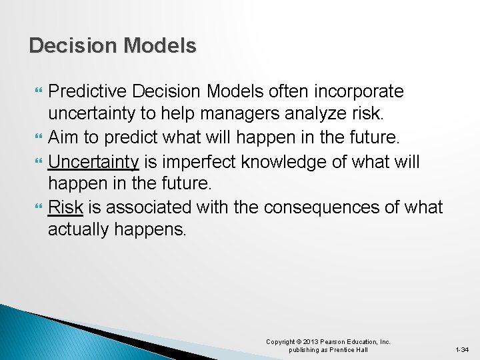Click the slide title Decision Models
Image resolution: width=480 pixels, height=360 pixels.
click(x=113, y=45)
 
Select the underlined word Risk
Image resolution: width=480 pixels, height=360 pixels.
click(x=65, y=207)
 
